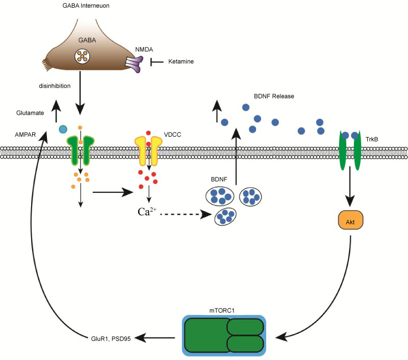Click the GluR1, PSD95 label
coord(117,338)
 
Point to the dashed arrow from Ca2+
coord(186,214)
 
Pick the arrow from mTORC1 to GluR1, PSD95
coord(156,338)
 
